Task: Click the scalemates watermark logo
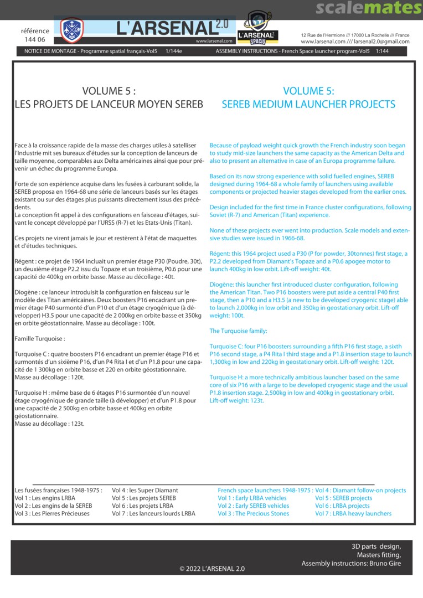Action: tap(369, 8)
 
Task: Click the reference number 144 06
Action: tap(35, 40)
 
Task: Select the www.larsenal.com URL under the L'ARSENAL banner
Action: tap(213, 41)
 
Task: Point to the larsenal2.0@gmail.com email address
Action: tap(381, 42)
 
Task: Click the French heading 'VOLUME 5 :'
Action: tap(109, 91)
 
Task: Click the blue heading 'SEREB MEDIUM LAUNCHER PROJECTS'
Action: tap(308, 104)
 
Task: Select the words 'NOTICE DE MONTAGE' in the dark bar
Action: tap(50, 51)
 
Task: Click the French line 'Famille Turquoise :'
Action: tap(40, 338)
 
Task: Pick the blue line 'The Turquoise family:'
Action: tap(238, 331)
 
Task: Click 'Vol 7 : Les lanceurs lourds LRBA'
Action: tap(153, 513)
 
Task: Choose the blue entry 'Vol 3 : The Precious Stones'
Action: tap(253, 513)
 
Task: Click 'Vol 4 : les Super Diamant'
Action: tap(145, 490)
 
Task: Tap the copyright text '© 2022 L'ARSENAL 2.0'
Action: tap(212, 569)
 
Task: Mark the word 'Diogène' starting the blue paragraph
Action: tap(221, 285)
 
